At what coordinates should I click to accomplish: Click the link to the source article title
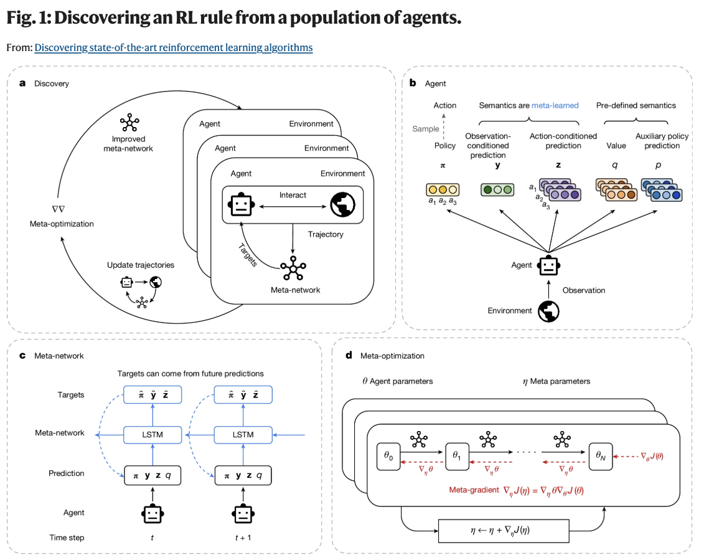(x=173, y=47)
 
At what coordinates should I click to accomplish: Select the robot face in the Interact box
(x=242, y=204)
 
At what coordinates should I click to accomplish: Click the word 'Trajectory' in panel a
(x=325, y=234)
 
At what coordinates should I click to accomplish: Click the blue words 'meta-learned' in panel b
(x=555, y=105)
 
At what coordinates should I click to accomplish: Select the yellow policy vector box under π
(x=443, y=190)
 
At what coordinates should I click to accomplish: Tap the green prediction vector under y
(x=497, y=190)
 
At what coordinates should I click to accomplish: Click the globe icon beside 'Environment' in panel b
(x=548, y=310)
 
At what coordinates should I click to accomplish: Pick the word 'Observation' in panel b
(x=584, y=290)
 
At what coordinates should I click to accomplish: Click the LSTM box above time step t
(x=152, y=434)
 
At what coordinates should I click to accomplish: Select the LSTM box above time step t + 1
(x=242, y=434)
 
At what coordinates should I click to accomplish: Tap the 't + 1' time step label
(x=242, y=537)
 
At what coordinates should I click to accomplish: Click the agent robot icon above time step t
(x=152, y=513)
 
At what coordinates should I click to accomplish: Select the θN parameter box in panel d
(x=601, y=456)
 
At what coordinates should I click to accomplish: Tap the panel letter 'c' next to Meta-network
(x=22, y=356)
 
